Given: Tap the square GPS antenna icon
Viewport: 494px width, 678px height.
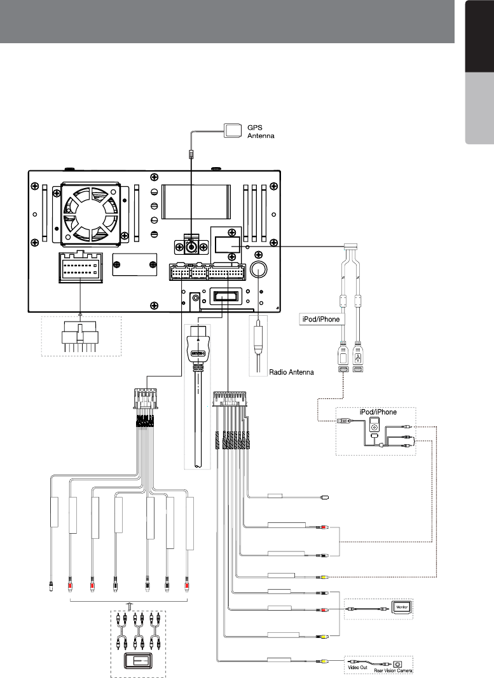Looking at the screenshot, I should [x=234, y=131].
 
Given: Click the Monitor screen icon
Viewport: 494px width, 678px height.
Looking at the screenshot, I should [x=402, y=606].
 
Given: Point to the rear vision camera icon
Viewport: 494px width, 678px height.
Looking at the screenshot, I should [x=398, y=662].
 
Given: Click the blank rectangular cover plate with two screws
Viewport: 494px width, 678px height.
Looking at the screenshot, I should [x=134, y=265].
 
